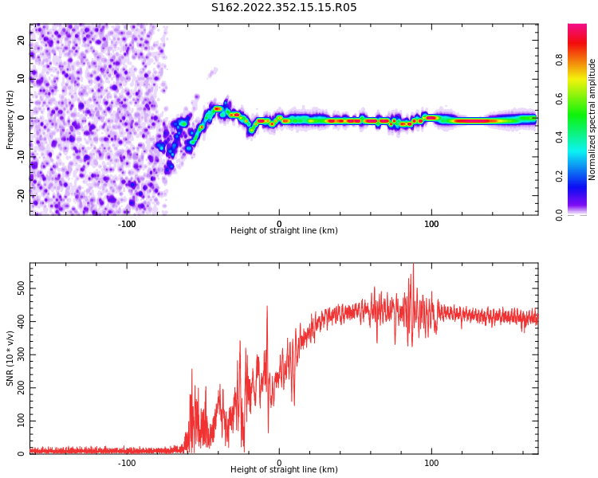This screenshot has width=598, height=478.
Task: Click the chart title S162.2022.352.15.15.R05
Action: pyautogui.click(x=284, y=8)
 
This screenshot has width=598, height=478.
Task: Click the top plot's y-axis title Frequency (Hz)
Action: pyautogui.click(x=10, y=119)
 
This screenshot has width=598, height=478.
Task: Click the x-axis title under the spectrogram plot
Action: pyautogui.click(x=284, y=231)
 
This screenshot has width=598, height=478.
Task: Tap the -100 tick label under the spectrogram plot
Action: pyautogui.click(x=127, y=224)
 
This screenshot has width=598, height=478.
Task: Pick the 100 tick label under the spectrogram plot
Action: pyautogui.click(x=431, y=224)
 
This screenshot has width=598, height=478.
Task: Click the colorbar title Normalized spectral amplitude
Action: pyautogui.click(x=592, y=119)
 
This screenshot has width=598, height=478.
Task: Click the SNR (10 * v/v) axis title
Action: pyautogui.click(x=10, y=358)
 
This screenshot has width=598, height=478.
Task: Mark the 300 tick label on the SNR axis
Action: pyautogui.click(x=22, y=354)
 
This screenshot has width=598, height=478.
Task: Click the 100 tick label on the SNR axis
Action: pyautogui.click(x=22, y=420)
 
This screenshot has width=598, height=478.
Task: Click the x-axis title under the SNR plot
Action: pyautogui.click(x=284, y=470)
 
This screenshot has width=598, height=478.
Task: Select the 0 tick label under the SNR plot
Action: pyautogui.click(x=279, y=463)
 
